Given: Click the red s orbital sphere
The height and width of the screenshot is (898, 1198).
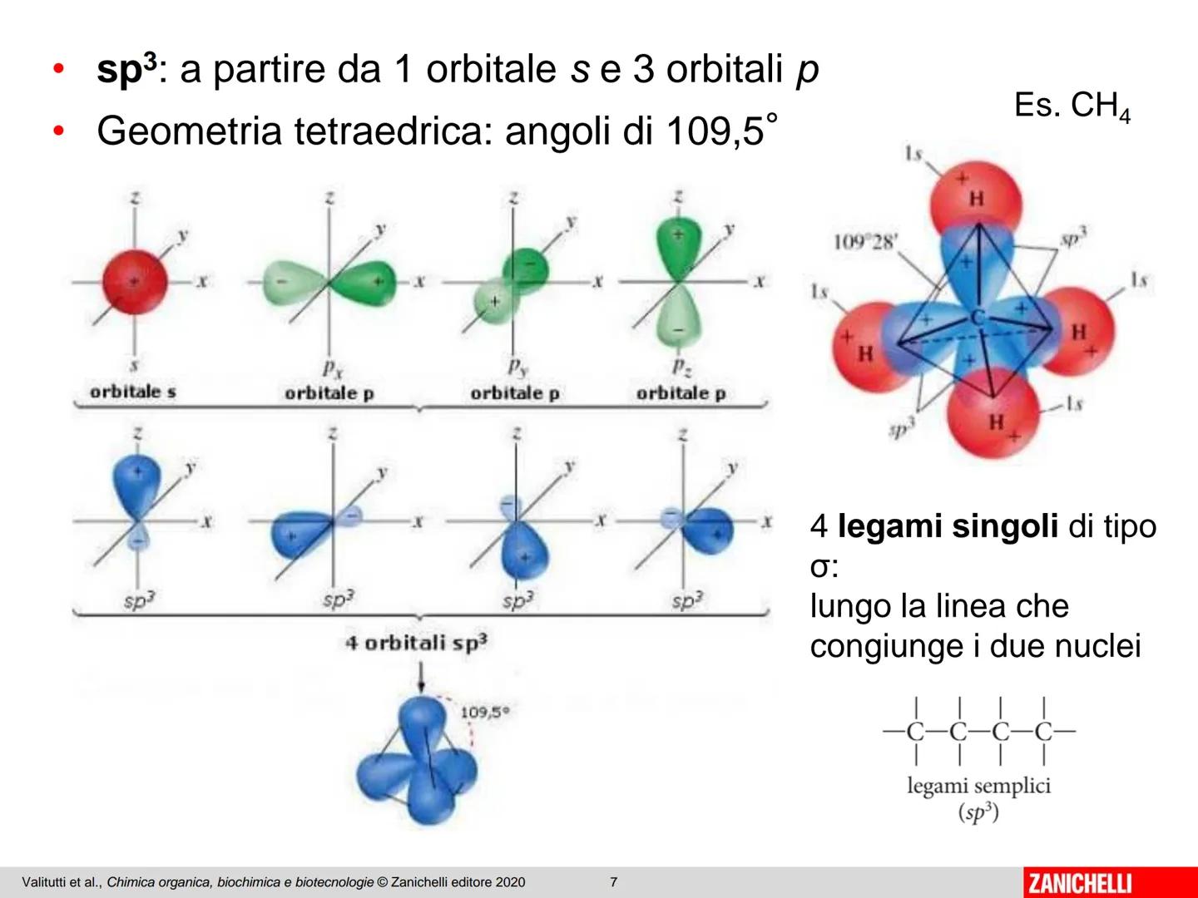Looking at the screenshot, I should (135, 282).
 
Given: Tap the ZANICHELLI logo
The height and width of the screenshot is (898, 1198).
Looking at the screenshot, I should (1080, 882).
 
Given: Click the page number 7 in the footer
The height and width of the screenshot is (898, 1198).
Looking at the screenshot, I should (614, 882).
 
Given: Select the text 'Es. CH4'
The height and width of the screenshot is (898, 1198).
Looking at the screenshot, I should (1072, 107).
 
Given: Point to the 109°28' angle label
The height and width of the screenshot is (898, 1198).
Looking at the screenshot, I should (865, 242).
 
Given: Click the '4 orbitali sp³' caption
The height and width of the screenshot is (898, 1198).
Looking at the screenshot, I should (417, 644).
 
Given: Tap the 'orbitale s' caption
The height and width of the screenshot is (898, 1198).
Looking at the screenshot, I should (133, 392).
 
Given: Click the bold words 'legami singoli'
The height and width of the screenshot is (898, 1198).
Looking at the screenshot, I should (948, 526).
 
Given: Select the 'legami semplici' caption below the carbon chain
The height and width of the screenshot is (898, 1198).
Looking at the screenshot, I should (978, 786).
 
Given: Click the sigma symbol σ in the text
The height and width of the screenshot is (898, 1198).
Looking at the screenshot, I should (820, 568).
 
